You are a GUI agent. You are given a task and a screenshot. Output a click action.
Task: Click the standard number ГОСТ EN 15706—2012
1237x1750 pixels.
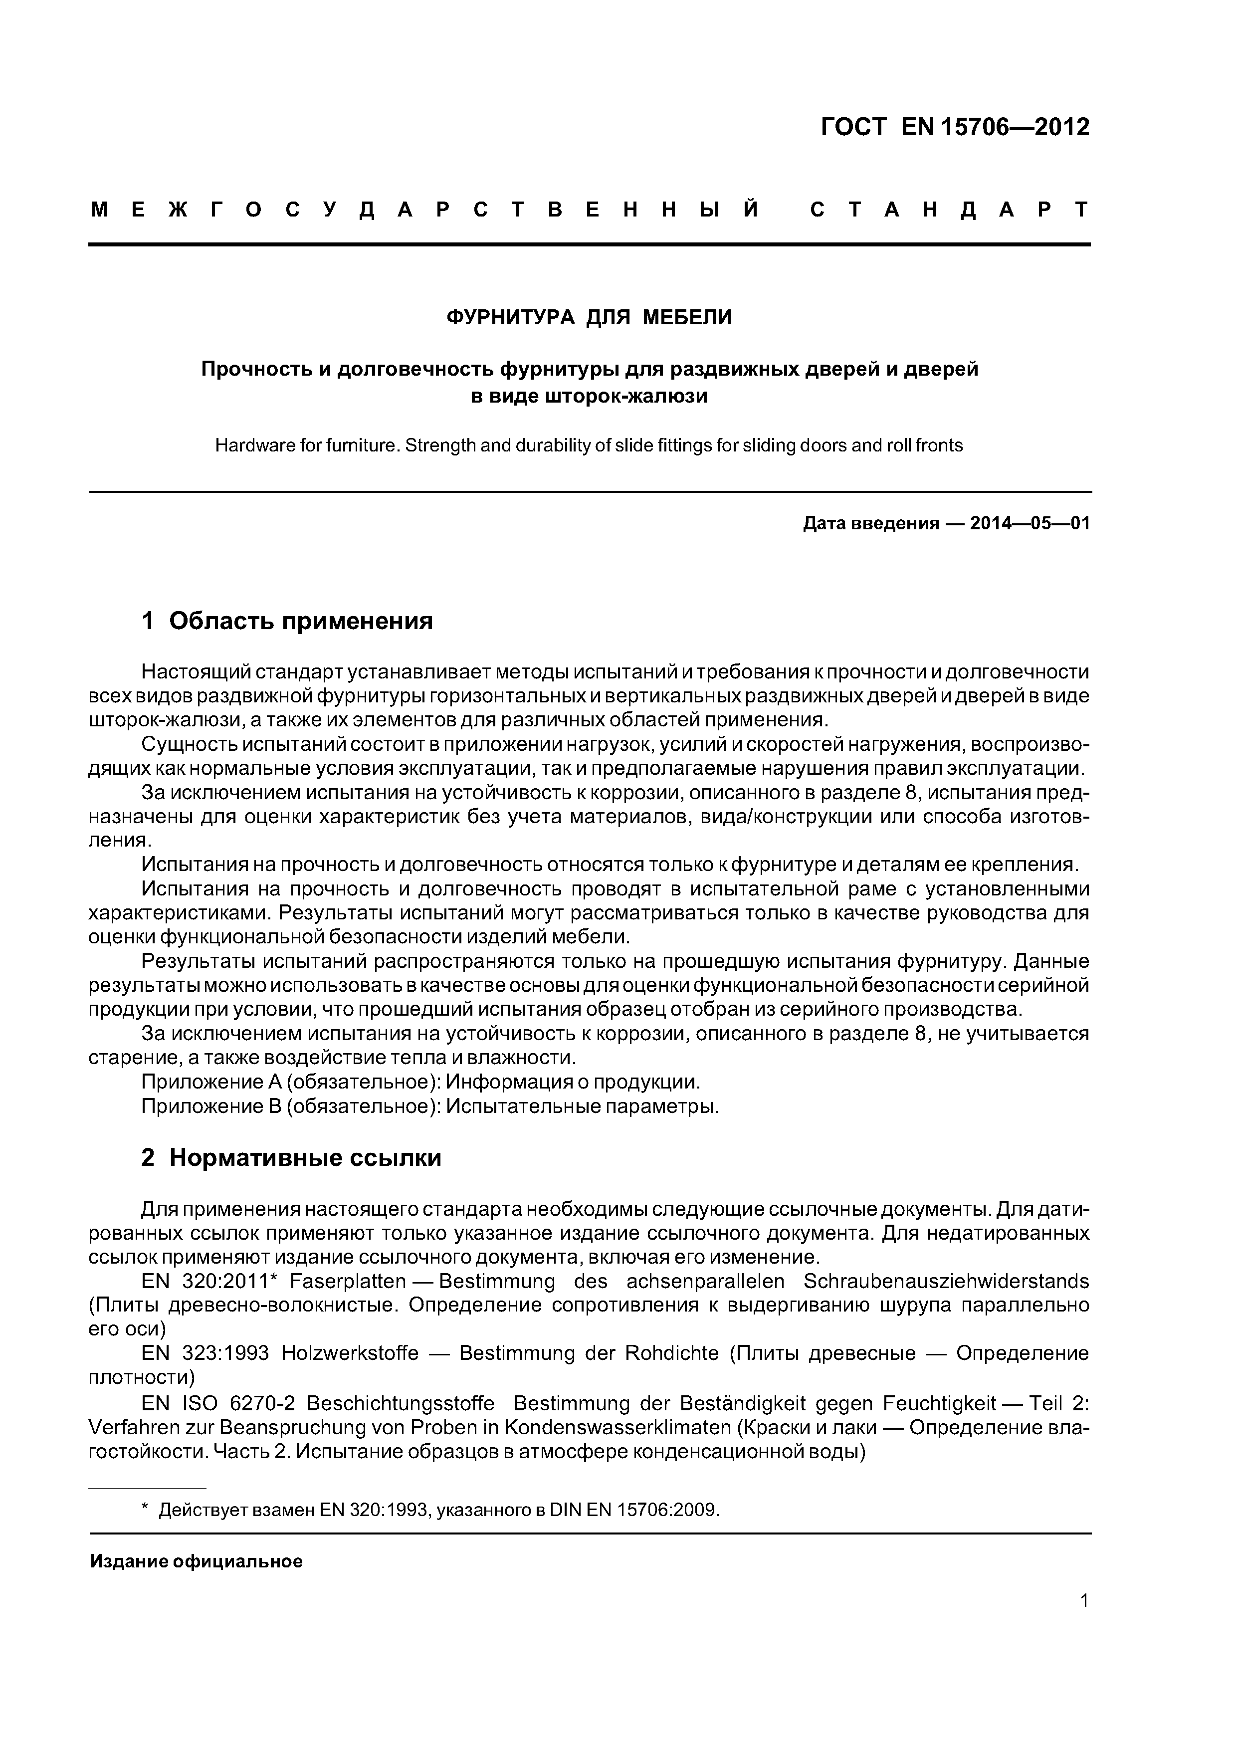(x=955, y=127)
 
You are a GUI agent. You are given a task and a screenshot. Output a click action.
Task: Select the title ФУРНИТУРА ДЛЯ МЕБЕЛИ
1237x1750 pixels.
(x=589, y=317)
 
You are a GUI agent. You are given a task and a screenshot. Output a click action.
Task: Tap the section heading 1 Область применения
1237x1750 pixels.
(x=287, y=621)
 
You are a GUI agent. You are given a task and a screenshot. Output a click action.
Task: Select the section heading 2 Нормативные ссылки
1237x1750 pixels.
(x=291, y=1158)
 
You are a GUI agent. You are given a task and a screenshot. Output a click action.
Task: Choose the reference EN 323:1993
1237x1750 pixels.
(x=205, y=1353)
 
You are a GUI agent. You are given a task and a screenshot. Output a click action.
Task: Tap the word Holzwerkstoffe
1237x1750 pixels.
(x=350, y=1353)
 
